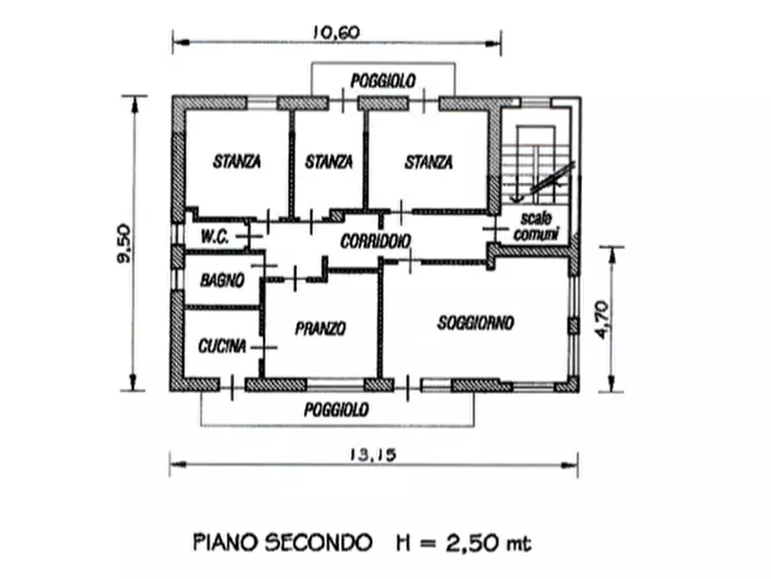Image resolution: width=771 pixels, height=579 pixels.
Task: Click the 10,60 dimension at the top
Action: tap(337, 33)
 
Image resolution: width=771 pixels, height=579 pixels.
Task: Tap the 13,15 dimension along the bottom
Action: tap(374, 455)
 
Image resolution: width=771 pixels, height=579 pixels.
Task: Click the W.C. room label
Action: tap(214, 237)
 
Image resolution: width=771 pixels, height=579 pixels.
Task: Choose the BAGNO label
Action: tap(222, 280)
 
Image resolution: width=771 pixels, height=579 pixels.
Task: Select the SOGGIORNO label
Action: tap(475, 323)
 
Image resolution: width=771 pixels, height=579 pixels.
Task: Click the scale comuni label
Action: tap(536, 226)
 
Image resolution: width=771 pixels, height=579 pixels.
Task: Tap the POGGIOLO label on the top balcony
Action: tap(382, 80)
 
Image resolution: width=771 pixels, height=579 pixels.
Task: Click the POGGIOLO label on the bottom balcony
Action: tap(336, 410)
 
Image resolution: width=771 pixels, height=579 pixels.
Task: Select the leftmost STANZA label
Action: tap(237, 161)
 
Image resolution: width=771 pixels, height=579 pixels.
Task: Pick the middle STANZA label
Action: tap(328, 161)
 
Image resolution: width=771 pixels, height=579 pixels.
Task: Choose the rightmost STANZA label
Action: tap(428, 162)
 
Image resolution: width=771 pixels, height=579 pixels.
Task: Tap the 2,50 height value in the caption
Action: tap(467, 544)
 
